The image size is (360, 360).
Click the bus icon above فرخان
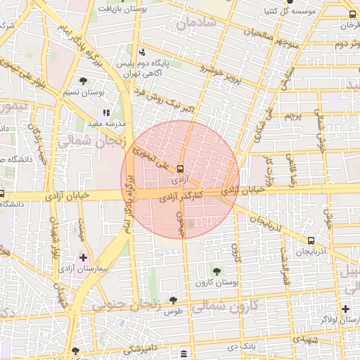click(352, 14)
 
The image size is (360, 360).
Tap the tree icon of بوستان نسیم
click(84, 82)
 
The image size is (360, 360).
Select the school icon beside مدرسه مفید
click(105, 112)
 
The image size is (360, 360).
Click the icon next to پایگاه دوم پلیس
click(143, 52)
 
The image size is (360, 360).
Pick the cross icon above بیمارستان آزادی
click(84, 258)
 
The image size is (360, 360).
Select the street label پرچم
click(292, 114)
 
